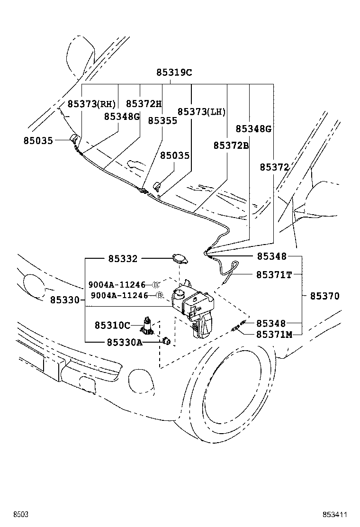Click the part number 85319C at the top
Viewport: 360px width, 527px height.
(x=174, y=73)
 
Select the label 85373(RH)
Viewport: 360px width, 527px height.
(x=91, y=104)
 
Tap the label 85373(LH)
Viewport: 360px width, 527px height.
(x=201, y=111)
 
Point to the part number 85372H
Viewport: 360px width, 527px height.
(x=144, y=104)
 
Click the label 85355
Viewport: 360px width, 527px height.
(x=162, y=120)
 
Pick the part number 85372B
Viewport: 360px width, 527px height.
(x=231, y=145)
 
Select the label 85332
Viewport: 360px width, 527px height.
(x=123, y=259)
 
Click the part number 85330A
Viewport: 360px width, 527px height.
(x=124, y=342)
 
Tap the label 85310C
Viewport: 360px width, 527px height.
(x=112, y=325)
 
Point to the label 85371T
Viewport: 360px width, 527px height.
(x=274, y=274)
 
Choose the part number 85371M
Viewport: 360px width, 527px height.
(x=274, y=335)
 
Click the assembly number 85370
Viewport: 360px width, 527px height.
(x=325, y=296)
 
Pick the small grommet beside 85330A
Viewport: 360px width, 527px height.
(x=166, y=341)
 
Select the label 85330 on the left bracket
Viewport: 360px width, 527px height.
(x=65, y=300)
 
